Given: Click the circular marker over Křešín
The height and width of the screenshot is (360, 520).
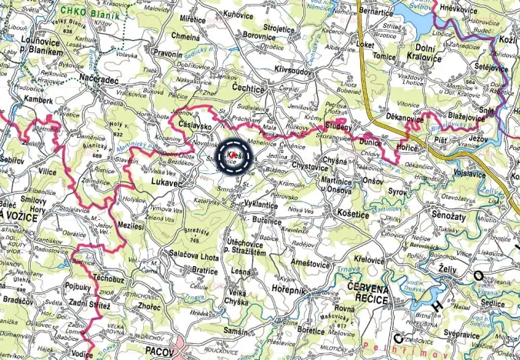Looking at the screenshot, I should point(235,157).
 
